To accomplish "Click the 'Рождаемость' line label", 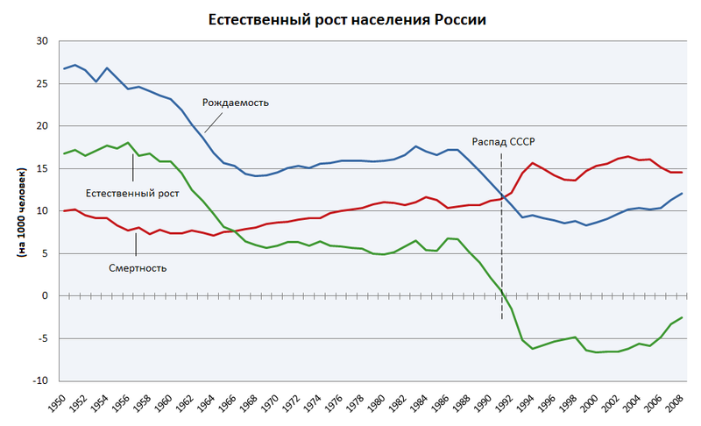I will pyautogui.click(x=235, y=103).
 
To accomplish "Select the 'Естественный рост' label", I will pyautogui.click(x=132, y=193).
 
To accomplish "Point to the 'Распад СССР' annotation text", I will pyautogui.click(x=503, y=141).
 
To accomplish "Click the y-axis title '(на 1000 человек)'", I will pyautogui.click(x=20, y=210).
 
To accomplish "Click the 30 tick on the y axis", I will pyautogui.click(x=42, y=42).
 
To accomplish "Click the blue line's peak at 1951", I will pyautogui.click(x=74, y=65).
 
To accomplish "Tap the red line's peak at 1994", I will pyautogui.click(x=532, y=163).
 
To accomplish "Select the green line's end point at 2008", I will pyautogui.click(x=681, y=317).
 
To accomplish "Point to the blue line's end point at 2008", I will pyautogui.click(x=681, y=193).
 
